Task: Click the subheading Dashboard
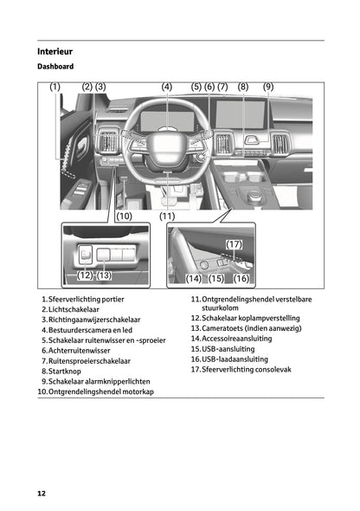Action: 55,67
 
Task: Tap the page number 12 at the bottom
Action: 42,492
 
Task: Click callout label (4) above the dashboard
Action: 167,87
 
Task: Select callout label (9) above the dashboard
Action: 268,87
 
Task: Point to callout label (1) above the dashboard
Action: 55,87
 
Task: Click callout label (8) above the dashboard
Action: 242,87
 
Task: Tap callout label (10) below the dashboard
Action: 124,215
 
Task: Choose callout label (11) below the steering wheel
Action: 167,215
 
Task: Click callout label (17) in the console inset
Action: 235,245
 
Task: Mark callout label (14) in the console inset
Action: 194,278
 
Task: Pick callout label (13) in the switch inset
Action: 105,275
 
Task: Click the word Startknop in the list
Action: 67,371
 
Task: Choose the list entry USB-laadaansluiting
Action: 235,359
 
